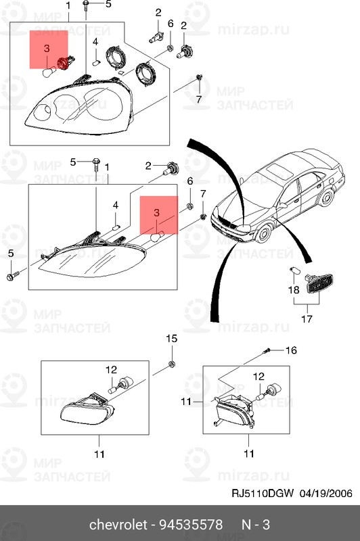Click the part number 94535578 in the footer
191,525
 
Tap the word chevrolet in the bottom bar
118,525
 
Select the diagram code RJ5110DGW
263,493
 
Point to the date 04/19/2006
326,493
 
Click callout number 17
307,319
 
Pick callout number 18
294,289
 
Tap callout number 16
291,350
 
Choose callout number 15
172,339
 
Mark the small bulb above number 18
294,271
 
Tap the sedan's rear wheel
326,197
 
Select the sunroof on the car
279,168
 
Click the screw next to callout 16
266,351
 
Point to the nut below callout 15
171,364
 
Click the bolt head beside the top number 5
85,4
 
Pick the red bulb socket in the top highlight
64,62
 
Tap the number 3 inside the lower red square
157,212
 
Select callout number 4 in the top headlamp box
95,42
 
